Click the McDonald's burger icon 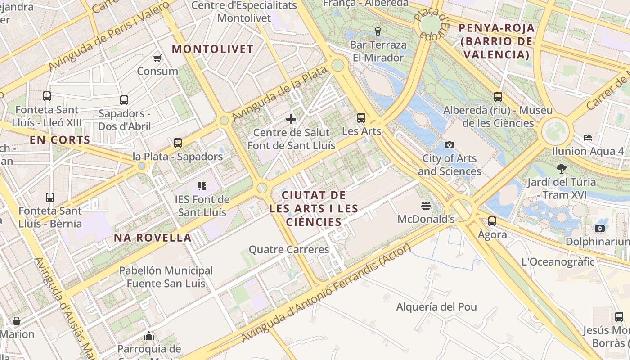(426, 206)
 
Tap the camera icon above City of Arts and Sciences (449, 145)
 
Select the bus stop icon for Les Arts (361, 118)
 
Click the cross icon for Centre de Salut (291, 119)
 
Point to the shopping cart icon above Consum (157, 58)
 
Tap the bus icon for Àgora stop (492, 221)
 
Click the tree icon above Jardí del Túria (561, 169)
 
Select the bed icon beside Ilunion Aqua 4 (587, 138)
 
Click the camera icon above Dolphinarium (599, 228)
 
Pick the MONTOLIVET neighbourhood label (213, 49)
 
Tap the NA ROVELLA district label (153, 238)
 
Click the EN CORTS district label (60, 140)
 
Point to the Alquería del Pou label (436, 307)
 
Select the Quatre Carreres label (289, 249)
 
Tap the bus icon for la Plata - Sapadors (178, 143)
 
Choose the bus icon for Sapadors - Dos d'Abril (124, 100)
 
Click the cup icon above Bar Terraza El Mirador (378, 31)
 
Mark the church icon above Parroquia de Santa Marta (149, 336)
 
